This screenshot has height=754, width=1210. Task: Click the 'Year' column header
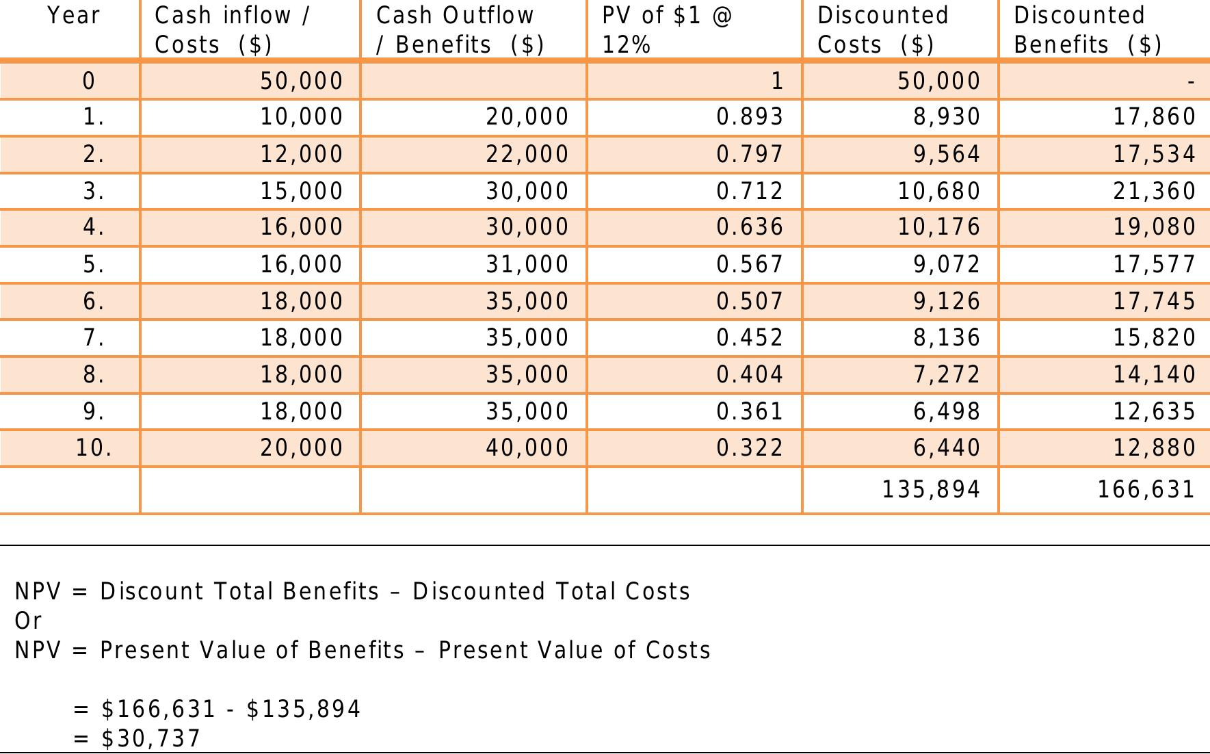[x=73, y=15]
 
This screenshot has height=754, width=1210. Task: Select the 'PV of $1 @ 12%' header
[x=666, y=29]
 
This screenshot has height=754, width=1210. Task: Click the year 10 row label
[x=93, y=447]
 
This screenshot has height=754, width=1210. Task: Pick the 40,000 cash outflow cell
[x=527, y=447]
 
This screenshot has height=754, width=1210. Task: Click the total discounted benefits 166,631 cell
[x=1146, y=489]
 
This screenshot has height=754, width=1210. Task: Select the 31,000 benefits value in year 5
[x=527, y=264]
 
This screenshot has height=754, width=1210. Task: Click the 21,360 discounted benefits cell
[x=1154, y=191]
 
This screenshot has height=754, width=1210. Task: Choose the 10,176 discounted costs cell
[x=938, y=227]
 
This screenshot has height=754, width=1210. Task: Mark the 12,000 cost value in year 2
[x=301, y=154]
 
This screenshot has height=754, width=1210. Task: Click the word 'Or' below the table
[x=28, y=621]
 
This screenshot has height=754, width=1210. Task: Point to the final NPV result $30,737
[x=150, y=738]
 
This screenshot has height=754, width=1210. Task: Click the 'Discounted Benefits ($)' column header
[x=1087, y=29]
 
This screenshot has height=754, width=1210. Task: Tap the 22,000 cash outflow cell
[x=527, y=154]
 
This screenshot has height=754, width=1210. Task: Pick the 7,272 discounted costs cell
[x=947, y=374]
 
